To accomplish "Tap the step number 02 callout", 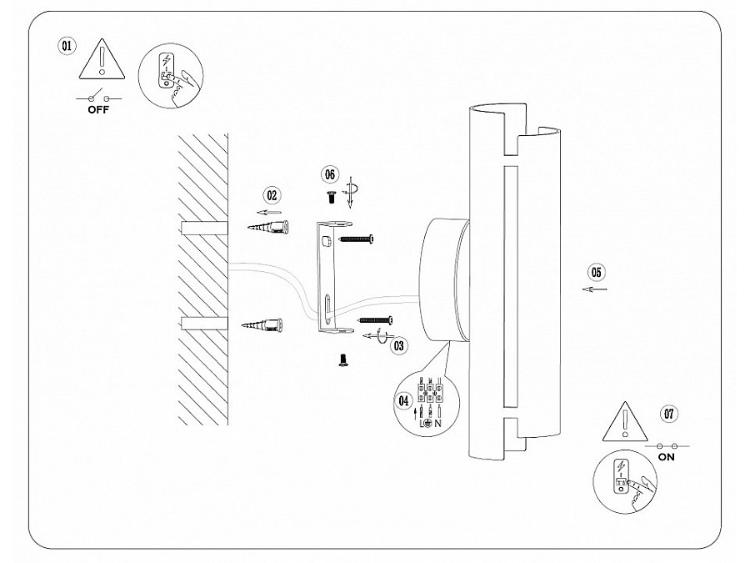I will [272, 195].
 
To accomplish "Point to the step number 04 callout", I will [405, 401].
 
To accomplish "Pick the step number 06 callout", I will [330, 173].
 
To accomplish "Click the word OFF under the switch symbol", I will [97, 108].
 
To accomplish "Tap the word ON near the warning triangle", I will [666, 457].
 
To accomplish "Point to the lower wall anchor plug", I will [267, 324].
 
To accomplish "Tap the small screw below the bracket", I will [341, 360].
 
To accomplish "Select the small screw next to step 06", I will [330, 196].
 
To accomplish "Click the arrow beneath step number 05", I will [594, 289].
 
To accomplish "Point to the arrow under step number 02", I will [269, 212].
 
